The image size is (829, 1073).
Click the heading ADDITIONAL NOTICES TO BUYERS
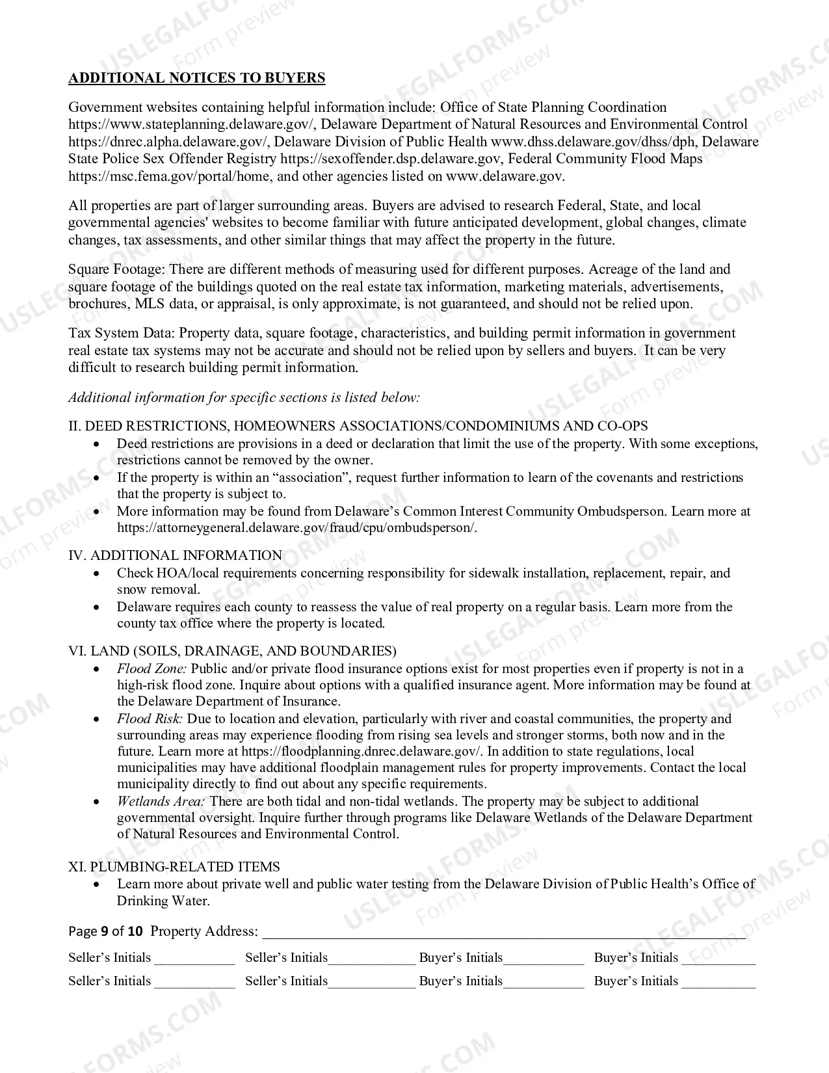point(196,78)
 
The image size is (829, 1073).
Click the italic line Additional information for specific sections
point(244,397)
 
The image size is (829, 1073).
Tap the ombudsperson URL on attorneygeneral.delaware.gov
point(296,527)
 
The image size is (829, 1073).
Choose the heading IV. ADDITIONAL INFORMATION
point(176,555)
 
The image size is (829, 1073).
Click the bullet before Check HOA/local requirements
point(97,574)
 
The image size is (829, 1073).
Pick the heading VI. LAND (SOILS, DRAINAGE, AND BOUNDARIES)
point(232,651)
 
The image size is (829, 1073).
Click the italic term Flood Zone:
point(151,669)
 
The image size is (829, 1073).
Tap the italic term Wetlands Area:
point(161,801)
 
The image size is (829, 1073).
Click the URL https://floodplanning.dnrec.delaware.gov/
point(362,751)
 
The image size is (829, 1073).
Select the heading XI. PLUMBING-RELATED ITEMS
point(174,867)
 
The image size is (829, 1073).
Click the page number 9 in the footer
point(104,931)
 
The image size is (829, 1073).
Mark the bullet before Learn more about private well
point(97,884)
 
